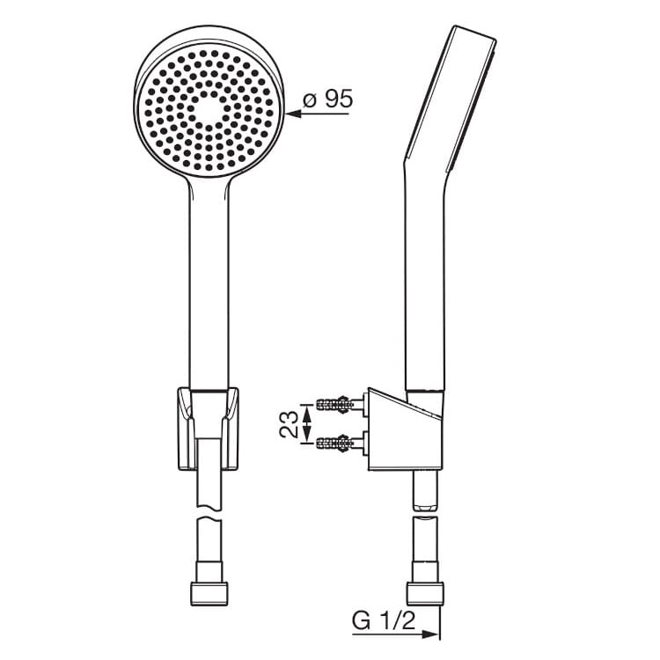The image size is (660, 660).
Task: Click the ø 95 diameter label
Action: click(x=328, y=99)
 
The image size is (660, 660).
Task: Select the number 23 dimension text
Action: click(x=289, y=424)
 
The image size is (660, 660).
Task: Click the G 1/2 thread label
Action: click(x=384, y=621)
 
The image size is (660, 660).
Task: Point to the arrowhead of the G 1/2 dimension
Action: click(x=430, y=634)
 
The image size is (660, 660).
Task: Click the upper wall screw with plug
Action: click(x=340, y=404)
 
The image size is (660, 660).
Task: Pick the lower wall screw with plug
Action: click(x=340, y=443)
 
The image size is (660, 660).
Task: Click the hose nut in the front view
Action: click(x=209, y=594)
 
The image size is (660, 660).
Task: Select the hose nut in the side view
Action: click(x=426, y=594)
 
